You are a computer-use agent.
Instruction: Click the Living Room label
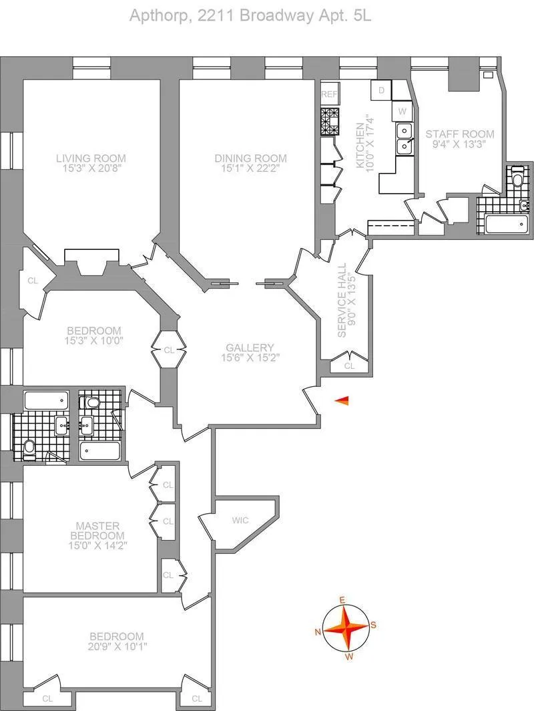pyautogui.click(x=91, y=158)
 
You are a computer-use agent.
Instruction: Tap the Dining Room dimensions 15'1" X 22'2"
pyautogui.click(x=251, y=169)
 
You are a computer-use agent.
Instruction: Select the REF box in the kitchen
pyautogui.click(x=330, y=95)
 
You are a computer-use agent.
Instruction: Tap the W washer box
pyautogui.click(x=403, y=110)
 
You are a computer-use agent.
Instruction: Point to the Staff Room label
pyautogui.click(x=460, y=134)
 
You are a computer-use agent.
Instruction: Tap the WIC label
pyautogui.click(x=240, y=519)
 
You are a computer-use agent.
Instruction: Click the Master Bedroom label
pyautogui.click(x=100, y=531)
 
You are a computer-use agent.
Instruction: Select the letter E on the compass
pyautogui.click(x=342, y=601)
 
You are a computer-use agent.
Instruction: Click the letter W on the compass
pyautogui.click(x=348, y=656)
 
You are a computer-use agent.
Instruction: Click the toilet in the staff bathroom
pyautogui.click(x=518, y=180)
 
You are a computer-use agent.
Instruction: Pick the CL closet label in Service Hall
pyautogui.click(x=350, y=366)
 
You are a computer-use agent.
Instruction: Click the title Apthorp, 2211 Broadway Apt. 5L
pyautogui.click(x=250, y=15)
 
